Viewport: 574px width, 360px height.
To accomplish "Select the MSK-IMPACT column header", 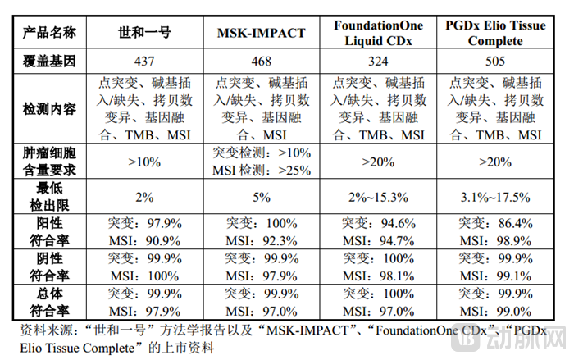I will click(262, 34).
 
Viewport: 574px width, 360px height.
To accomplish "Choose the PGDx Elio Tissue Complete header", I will click(496, 34).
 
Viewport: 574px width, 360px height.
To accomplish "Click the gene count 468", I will click(262, 62).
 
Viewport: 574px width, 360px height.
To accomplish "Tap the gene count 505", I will click(496, 62).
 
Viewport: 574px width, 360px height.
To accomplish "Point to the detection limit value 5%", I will click(262, 197).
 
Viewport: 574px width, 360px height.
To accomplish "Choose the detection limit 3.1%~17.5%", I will click(496, 197).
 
